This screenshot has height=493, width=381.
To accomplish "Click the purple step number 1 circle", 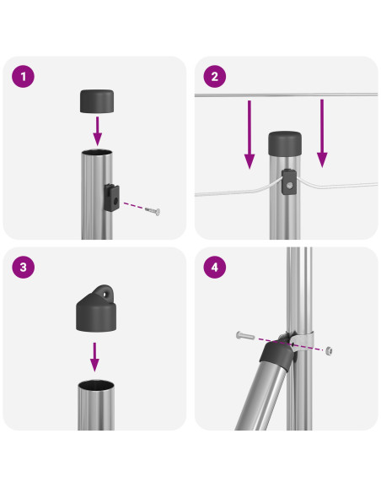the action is pyautogui.click(x=23, y=77).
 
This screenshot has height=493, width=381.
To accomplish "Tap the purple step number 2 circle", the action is pyautogui.click(x=215, y=77).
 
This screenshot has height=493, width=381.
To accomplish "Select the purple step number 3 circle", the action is pyautogui.click(x=23, y=268).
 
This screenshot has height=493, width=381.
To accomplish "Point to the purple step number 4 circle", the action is pyautogui.click(x=215, y=268).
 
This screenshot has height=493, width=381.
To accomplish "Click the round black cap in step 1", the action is pyautogui.click(x=97, y=101).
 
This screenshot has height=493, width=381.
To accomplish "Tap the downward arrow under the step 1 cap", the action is pyautogui.click(x=98, y=131).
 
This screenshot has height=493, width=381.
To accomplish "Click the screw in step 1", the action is pyautogui.click(x=153, y=211).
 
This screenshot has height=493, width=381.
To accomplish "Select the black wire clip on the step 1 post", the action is pyautogui.click(x=112, y=198).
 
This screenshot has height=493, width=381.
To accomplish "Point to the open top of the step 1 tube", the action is pyautogui.click(x=97, y=153).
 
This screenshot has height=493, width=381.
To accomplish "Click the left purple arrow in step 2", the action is pyautogui.click(x=250, y=134).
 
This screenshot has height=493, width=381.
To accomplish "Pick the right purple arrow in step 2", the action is pyautogui.click(x=322, y=133).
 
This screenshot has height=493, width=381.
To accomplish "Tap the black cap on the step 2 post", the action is pyautogui.click(x=285, y=144).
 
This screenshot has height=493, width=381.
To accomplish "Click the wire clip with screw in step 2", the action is pyautogui.click(x=289, y=182).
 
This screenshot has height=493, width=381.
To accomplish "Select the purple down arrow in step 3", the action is pyautogui.click(x=94, y=357).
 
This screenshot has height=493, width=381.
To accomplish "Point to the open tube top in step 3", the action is pyautogui.click(x=96, y=385).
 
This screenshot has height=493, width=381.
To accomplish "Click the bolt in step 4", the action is pyautogui.click(x=245, y=336).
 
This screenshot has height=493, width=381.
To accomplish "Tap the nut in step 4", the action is pyautogui.click(x=329, y=350).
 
